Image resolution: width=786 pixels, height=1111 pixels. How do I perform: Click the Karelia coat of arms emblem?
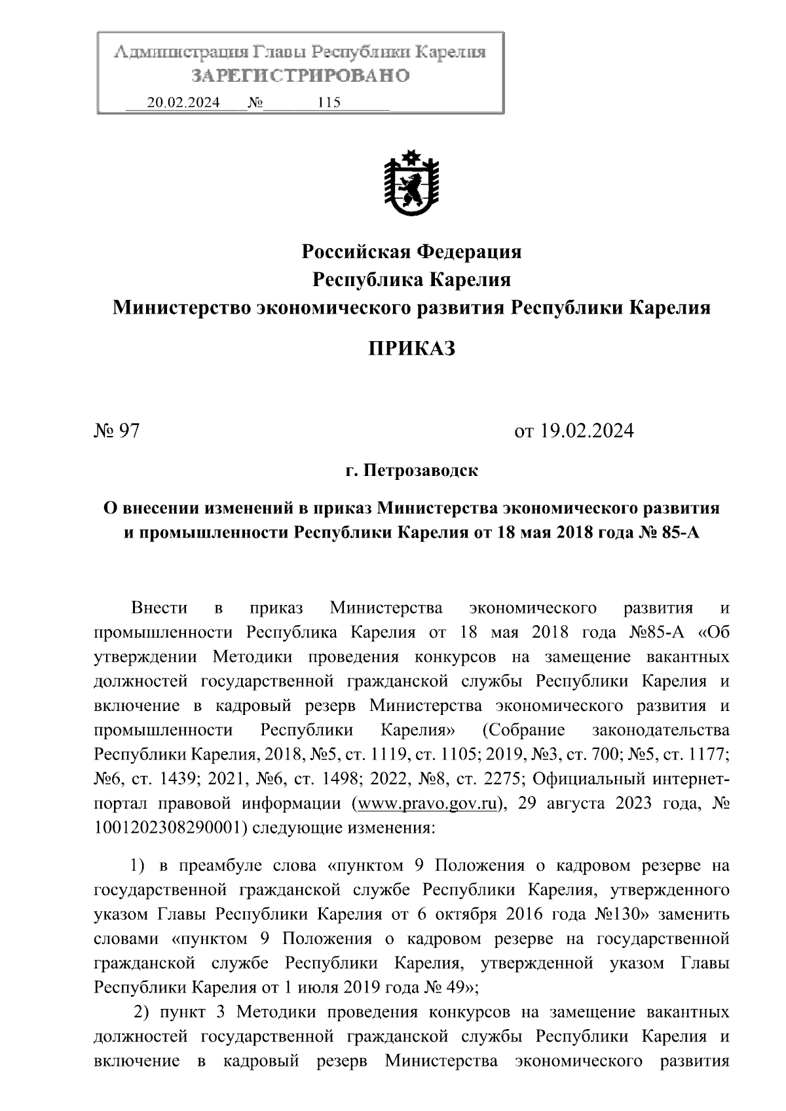click(x=411, y=185)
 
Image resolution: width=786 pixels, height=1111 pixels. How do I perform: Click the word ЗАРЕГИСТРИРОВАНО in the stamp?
click(x=301, y=76)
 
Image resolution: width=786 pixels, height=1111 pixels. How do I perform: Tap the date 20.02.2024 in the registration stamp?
click(x=183, y=102)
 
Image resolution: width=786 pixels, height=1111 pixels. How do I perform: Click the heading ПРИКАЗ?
click(x=411, y=348)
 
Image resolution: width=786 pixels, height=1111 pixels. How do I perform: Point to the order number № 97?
click(x=117, y=431)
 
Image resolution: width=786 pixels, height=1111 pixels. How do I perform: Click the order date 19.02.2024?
click(x=587, y=431)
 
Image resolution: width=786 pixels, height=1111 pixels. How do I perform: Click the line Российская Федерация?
click(x=411, y=251)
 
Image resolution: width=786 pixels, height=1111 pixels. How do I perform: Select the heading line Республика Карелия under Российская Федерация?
click(x=411, y=280)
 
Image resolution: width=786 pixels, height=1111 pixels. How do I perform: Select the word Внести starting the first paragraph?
click(x=159, y=608)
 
